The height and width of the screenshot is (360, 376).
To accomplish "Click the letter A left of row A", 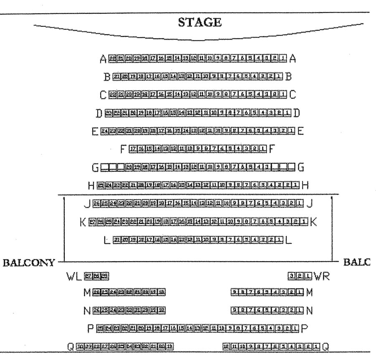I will coord(103,59).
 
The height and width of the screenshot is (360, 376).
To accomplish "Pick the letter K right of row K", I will coord(314,221).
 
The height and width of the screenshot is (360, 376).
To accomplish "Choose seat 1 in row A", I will coord(284,59).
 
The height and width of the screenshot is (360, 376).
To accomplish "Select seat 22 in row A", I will coord(112,59).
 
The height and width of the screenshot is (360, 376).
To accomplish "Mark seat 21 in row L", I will coord(117,240).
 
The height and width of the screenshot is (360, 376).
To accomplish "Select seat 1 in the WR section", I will coord(308,276).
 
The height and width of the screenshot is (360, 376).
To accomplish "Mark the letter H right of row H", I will coord(305,185).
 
